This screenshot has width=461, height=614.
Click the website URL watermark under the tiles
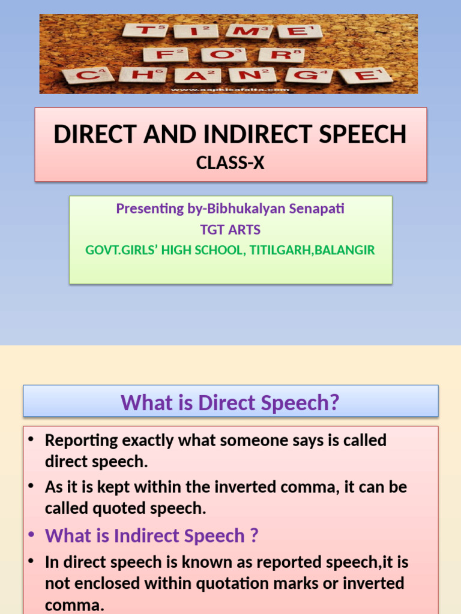tap(230, 90)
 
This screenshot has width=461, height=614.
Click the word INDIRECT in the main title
tap(248, 134)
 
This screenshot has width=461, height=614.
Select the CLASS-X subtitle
tap(230, 162)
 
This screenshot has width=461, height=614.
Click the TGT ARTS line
tap(230, 229)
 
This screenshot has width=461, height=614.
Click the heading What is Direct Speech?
tap(230, 402)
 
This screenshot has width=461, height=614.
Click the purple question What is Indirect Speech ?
tap(151, 535)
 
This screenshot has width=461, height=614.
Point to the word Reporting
tap(81, 441)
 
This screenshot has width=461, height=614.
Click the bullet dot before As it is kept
tap(31, 486)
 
